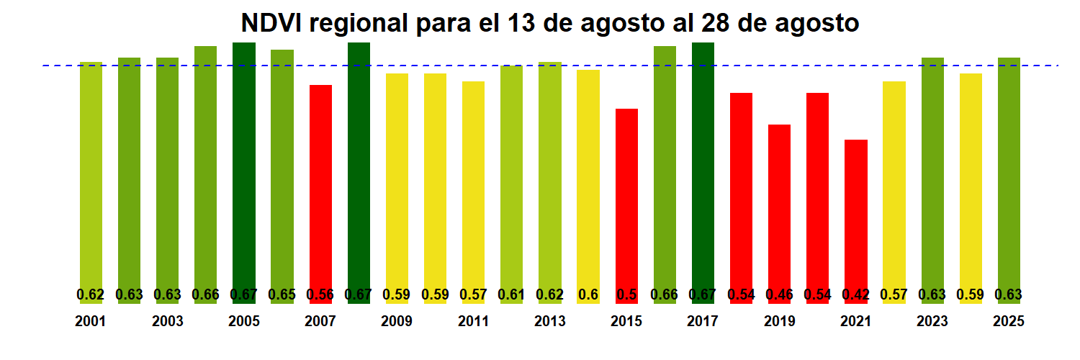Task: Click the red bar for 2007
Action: (320, 187)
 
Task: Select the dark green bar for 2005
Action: (244, 166)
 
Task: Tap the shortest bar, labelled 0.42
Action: (856, 216)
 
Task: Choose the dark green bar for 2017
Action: (703, 166)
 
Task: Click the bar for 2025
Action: (1009, 173)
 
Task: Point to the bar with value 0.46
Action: (780, 209)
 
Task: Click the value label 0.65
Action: (282, 294)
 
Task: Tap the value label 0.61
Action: (511, 294)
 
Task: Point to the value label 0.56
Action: (320, 294)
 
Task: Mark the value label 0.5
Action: (626, 294)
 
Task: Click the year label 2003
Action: (167, 322)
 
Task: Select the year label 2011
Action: (473, 322)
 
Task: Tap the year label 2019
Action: (780, 322)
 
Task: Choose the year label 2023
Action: (932, 322)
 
